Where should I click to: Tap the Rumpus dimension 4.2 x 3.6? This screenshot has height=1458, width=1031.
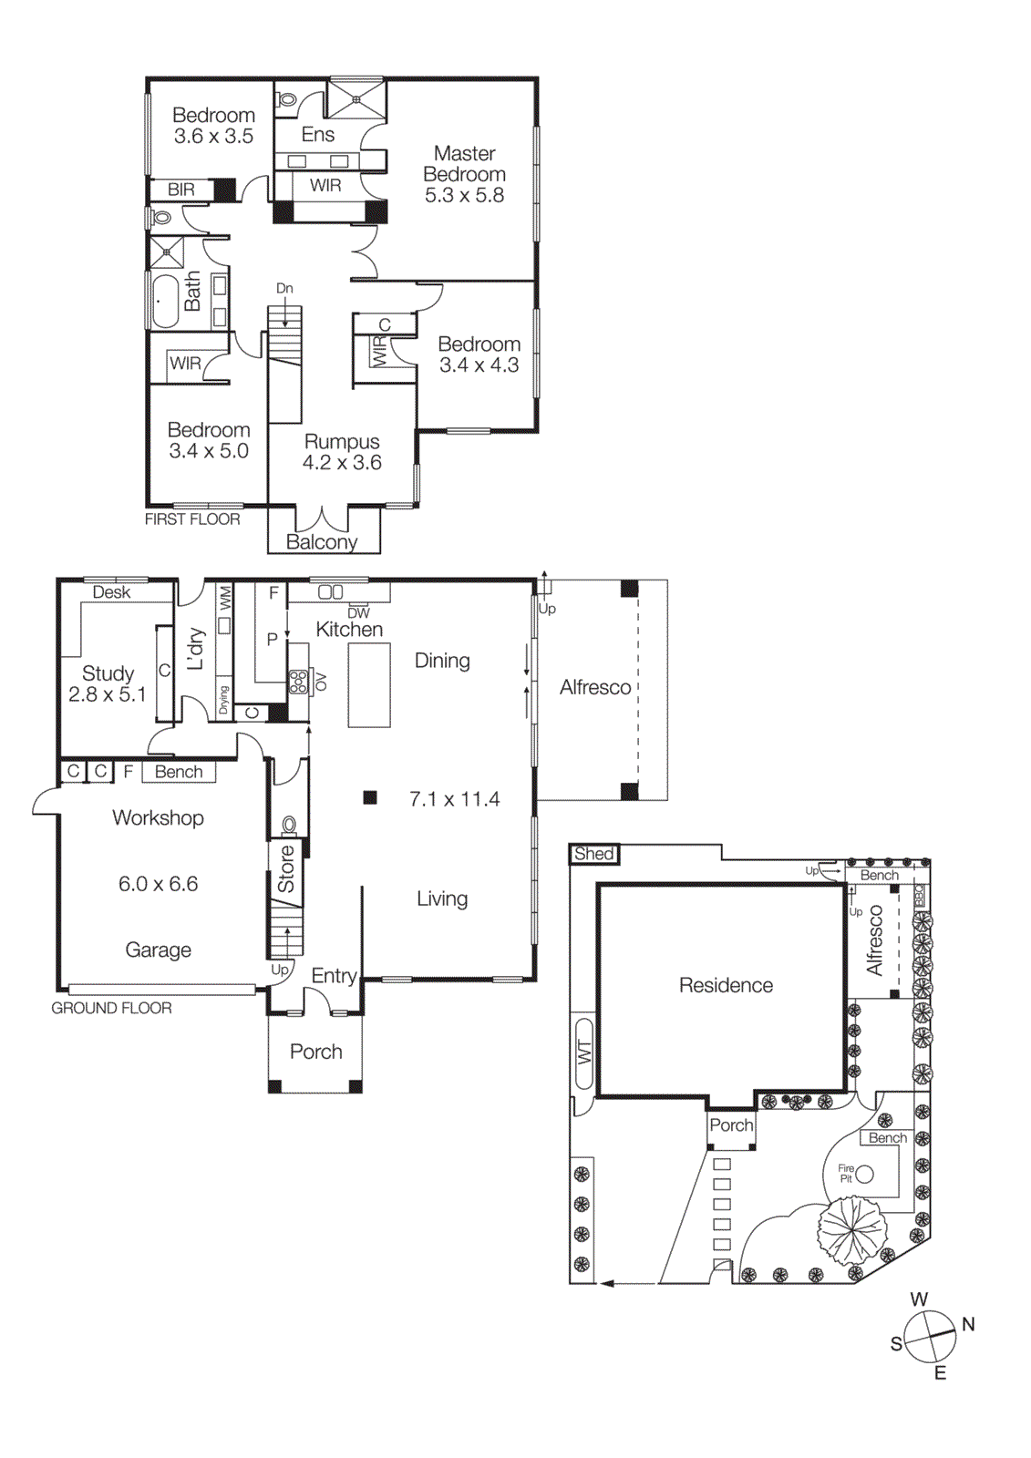[342, 463]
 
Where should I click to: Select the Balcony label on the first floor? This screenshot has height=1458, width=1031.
[321, 542]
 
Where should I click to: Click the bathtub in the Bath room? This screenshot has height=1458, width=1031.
[165, 301]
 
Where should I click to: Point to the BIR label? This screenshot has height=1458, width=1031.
[180, 190]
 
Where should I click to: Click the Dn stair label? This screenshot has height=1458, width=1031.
[284, 289]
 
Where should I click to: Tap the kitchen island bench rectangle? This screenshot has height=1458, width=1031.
[369, 684]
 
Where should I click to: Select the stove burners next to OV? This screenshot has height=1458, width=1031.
[298, 682]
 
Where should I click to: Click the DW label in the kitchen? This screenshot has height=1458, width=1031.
[358, 613]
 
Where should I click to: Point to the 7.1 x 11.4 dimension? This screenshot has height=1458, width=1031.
[454, 799]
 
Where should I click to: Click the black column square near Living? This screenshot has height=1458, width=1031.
[370, 797]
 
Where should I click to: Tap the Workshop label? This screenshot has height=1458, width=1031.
[158, 817]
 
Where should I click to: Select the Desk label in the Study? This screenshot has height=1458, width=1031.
[111, 592]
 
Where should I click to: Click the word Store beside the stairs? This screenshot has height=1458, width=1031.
[286, 868]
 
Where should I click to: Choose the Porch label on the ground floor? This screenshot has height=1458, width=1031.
[315, 1052]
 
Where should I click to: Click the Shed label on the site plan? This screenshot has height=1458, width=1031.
[593, 854]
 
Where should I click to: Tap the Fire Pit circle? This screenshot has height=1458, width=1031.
[864, 1174]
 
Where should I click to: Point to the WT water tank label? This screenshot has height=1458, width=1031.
[584, 1052]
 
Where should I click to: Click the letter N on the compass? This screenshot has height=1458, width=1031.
[968, 1324]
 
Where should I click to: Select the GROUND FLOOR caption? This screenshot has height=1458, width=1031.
[111, 1008]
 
